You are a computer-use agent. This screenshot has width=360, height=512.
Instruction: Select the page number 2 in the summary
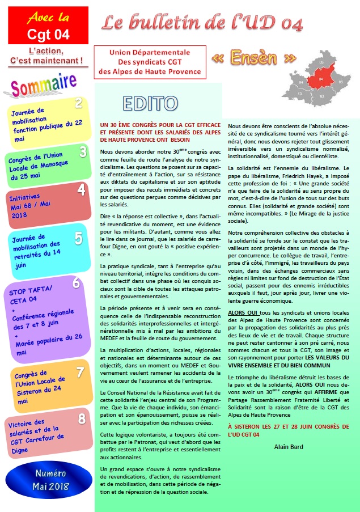coord(79,103)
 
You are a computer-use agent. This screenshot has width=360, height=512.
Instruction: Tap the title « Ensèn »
coord(254,58)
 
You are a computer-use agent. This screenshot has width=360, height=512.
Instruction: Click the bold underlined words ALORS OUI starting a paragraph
coord(243,312)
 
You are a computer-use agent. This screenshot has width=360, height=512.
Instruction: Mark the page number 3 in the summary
coord(83,151)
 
